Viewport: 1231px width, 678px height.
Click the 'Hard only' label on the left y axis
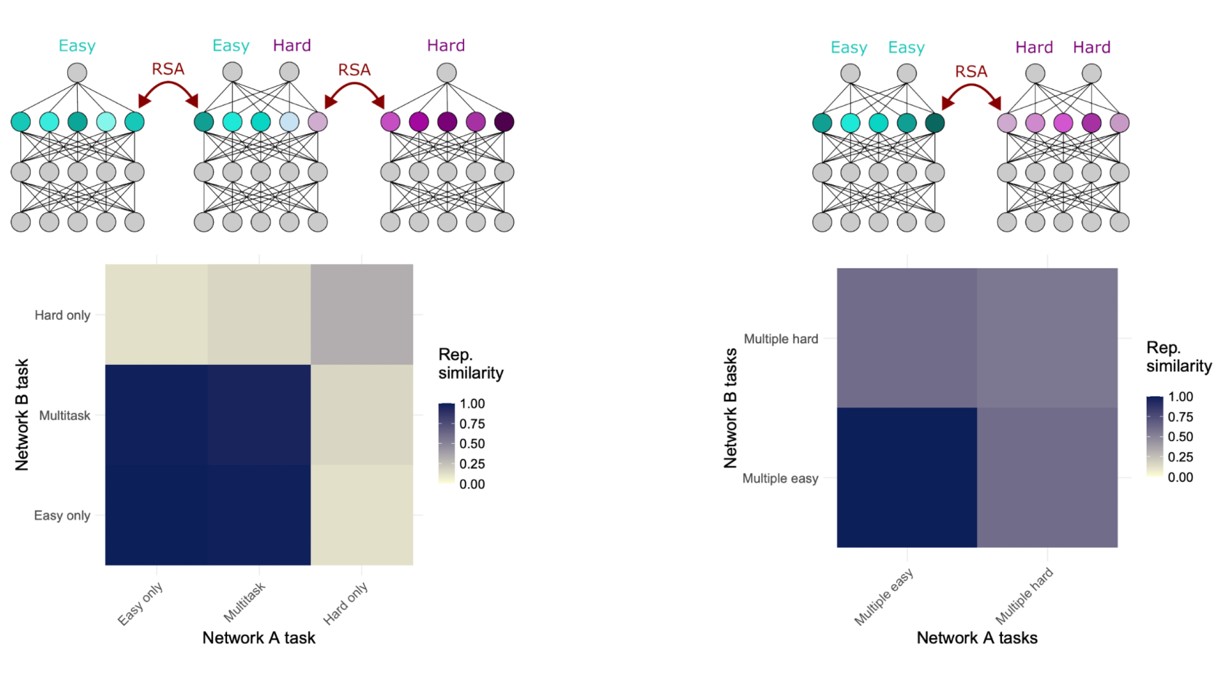click(x=62, y=315)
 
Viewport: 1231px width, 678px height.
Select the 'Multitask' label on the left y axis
click(x=65, y=415)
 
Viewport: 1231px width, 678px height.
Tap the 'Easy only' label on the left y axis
click(x=62, y=516)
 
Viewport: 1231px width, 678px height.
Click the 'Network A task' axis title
click(x=259, y=638)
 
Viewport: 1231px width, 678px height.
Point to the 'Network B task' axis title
click(x=22, y=415)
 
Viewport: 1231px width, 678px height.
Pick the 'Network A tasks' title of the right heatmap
click(x=977, y=638)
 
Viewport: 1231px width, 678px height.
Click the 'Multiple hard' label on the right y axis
click(x=780, y=338)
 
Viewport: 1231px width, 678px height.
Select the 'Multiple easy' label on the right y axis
click(x=780, y=478)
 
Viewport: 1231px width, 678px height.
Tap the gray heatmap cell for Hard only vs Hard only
click(x=361, y=314)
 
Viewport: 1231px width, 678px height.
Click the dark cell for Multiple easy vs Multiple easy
click(x=907, y=477)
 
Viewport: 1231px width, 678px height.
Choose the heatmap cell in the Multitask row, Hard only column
click(x=361, y=415)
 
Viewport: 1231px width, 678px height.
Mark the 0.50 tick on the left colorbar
click(x=472, y=444)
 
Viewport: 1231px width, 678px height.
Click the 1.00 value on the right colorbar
click(x=1180, y=397)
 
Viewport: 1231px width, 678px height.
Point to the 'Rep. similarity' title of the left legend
click(x=470, y=364)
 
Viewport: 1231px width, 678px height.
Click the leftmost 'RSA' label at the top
click(x=168, y=69)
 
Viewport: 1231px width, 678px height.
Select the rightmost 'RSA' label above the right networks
click(x=971, y=71)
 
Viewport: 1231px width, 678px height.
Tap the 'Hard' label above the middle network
click(x=292, y=46)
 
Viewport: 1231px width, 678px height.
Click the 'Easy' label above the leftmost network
click(x=77, y=46)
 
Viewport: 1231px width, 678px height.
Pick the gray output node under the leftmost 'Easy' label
click(x=77, y=73)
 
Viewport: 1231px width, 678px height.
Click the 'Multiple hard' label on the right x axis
click(x=1024, y=596)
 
